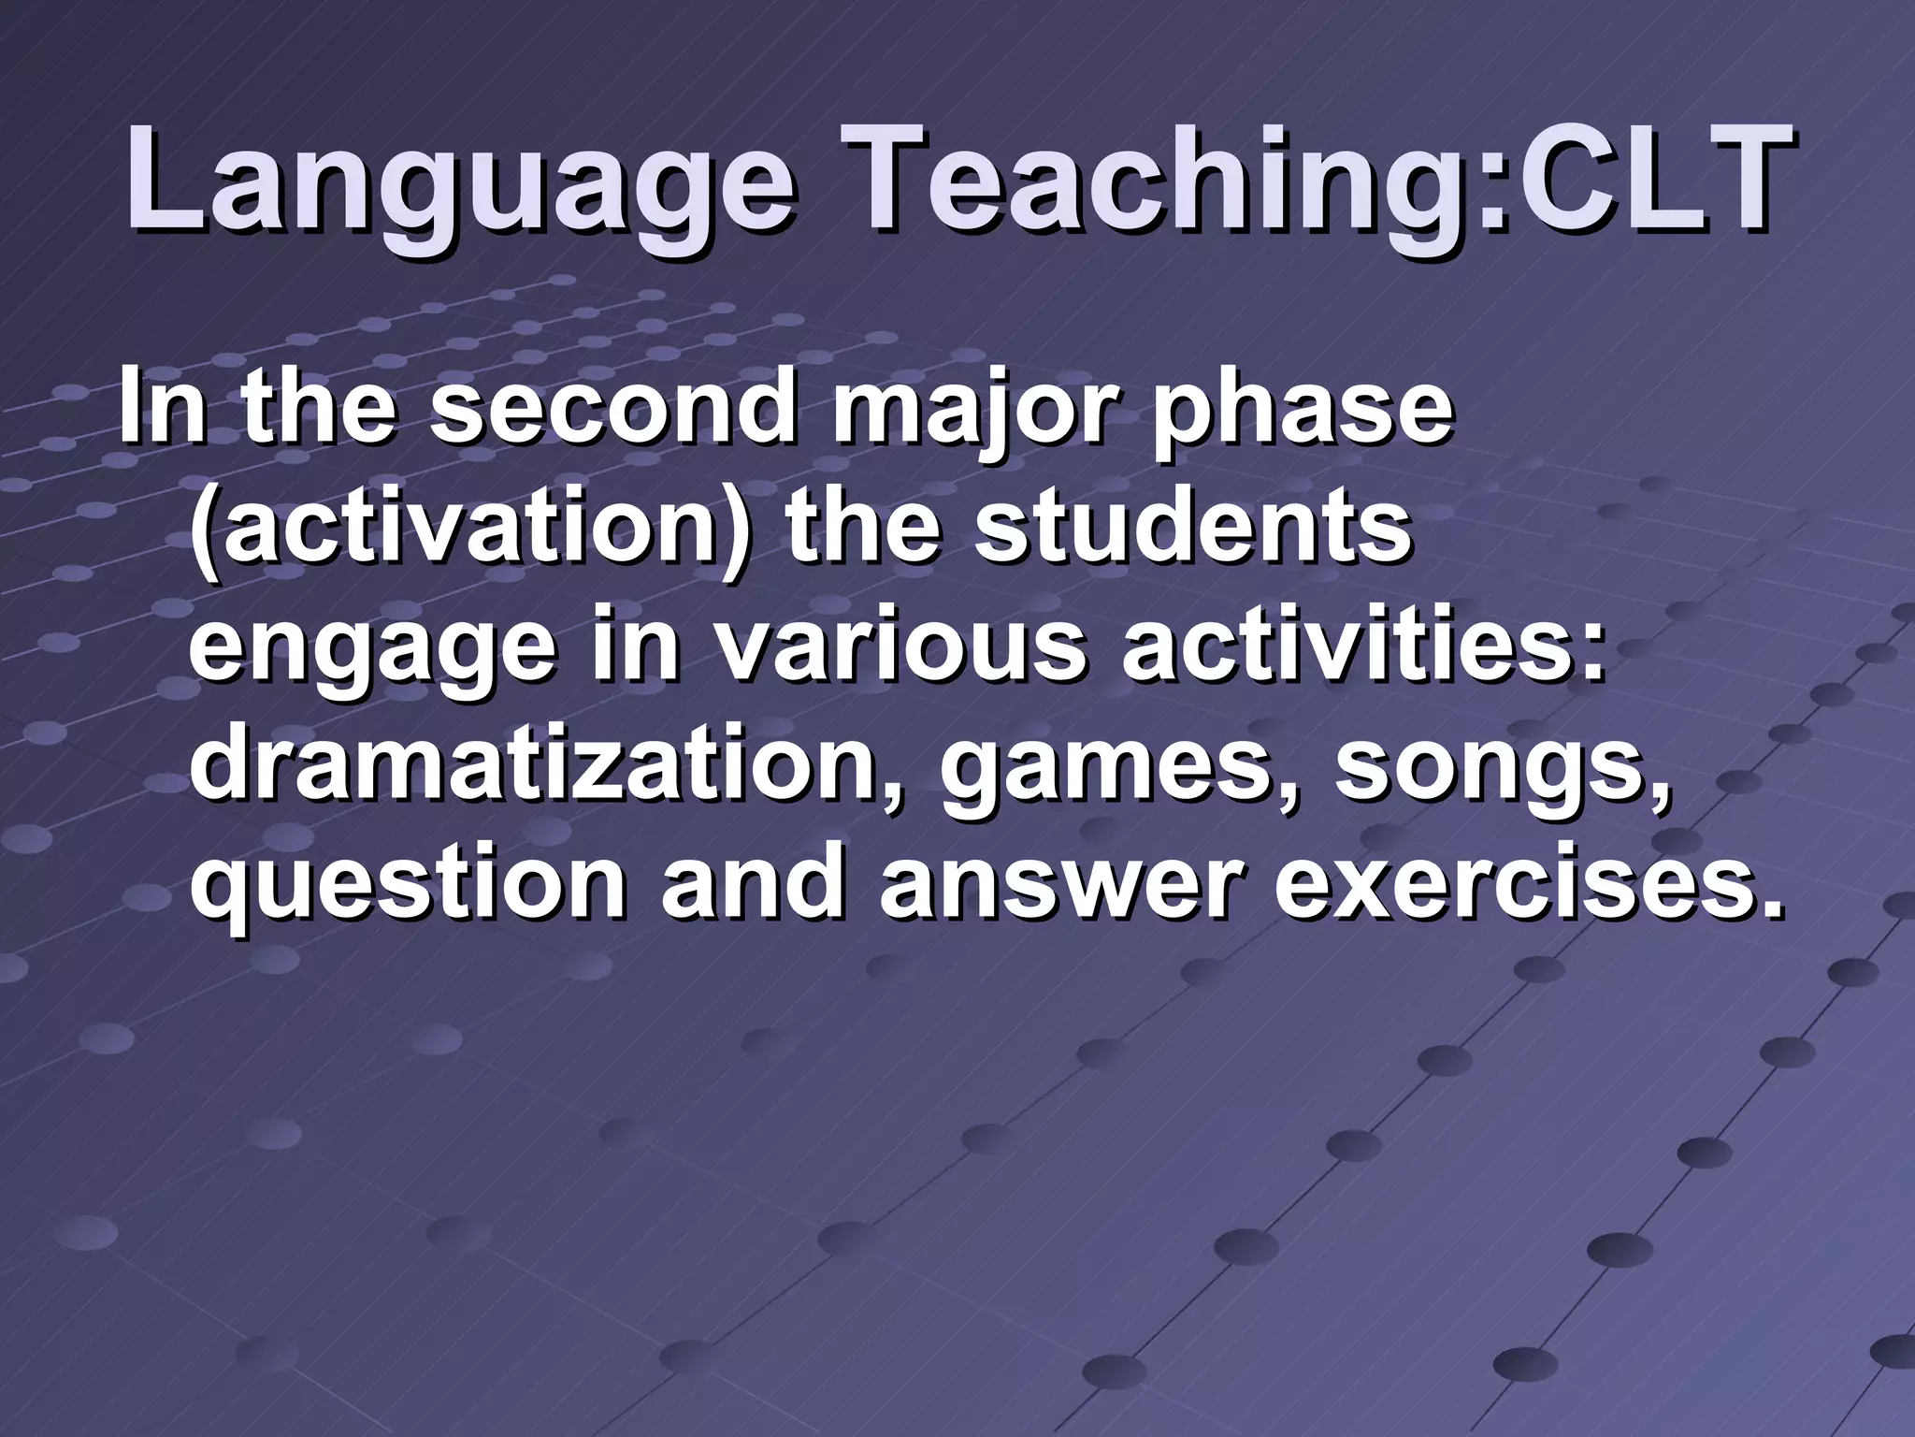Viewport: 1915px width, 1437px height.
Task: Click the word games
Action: [x=1113, y=773]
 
